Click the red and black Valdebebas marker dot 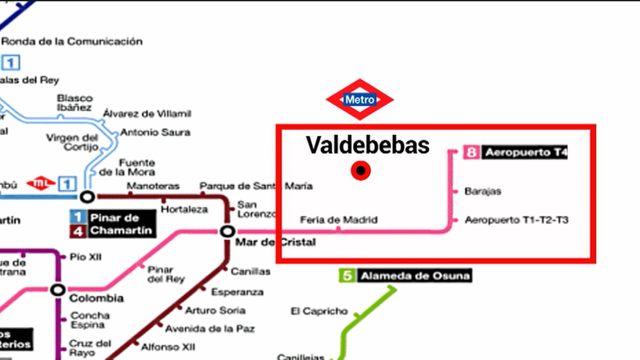click(x=361, y=171)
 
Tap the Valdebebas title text click(x=368, y=145)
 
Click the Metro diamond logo click(x=360, y=99)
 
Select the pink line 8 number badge click(x=471, y=152)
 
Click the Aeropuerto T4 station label click(x=525, y=152)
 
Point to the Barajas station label click(x=482, y=191)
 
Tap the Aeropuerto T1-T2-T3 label click(x=516, y=220)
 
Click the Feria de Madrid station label click(x=339, y=220)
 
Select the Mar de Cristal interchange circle click(x=227, y=231)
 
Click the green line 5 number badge click(x=347, y=276)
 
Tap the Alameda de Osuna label click(x=415, y=276)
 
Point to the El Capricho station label click(x=319, y=311)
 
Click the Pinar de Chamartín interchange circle click(x=88, y=197)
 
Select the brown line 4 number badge click(x=78, y=230)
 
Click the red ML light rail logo click(x=41, y=184)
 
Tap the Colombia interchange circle click(x=58, y=290)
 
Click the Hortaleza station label click(x=185, y=210)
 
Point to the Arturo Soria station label click(x=215, y=310)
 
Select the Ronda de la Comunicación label click(x=72, y=41)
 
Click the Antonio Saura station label click(x=155, y=132)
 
